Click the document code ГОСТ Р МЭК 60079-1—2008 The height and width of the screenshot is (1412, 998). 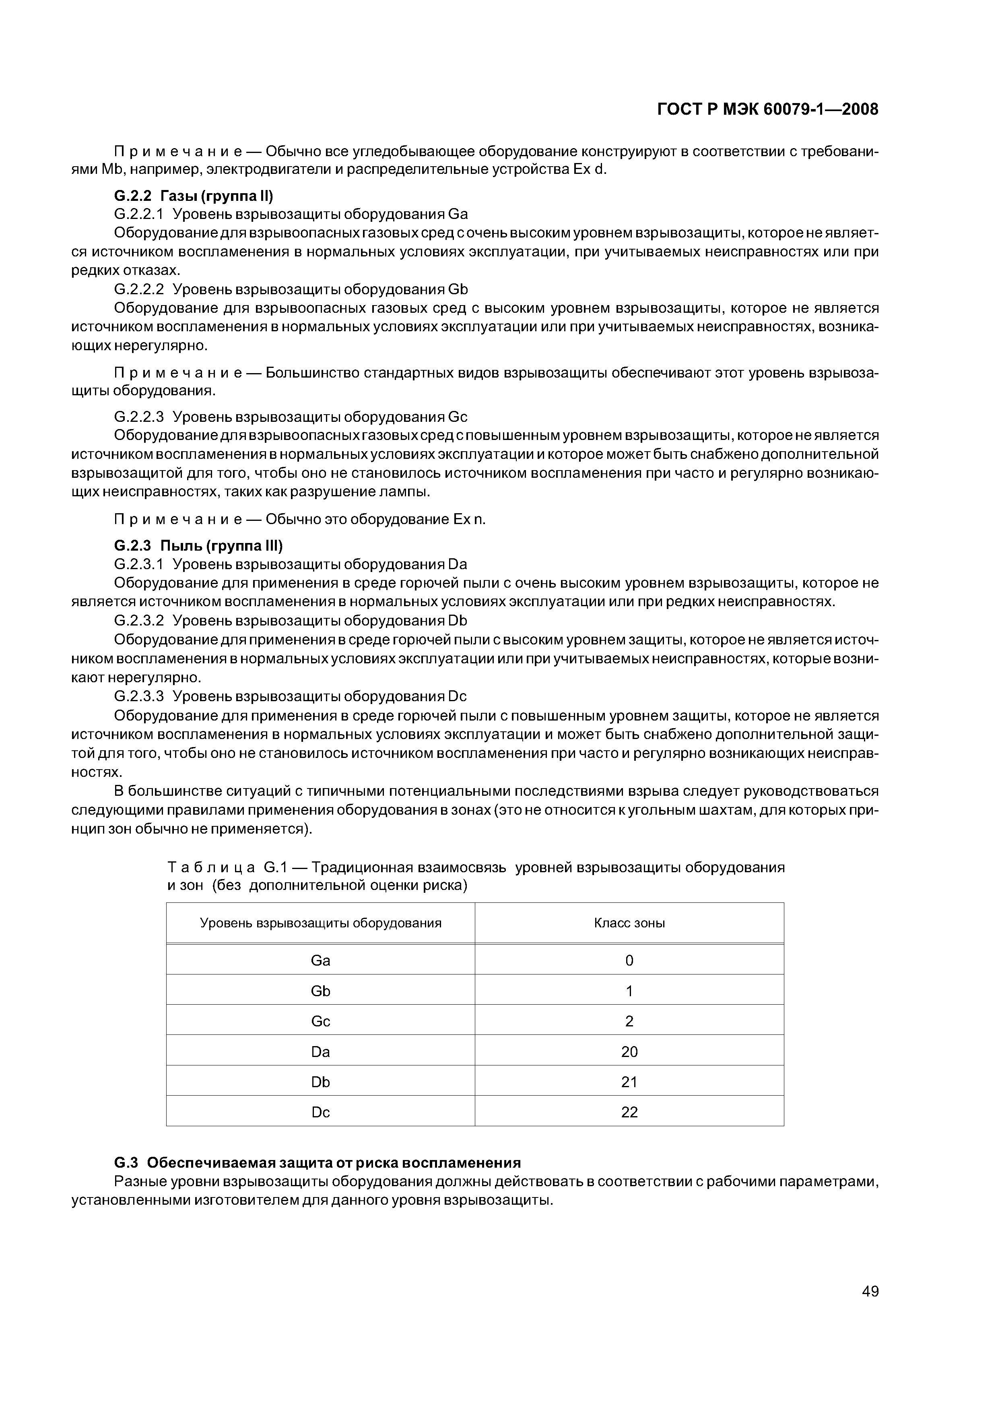(767, 109)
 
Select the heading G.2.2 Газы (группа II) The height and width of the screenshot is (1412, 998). (193, 196)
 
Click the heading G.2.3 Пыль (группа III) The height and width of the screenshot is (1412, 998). (198, 545)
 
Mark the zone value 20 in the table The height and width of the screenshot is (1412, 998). (629, 1052)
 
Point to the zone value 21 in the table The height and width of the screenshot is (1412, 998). (629, 1082)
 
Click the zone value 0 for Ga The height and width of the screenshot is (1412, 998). (629, 961)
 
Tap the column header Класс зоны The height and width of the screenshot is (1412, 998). (629, 923)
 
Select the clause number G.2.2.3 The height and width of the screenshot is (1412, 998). (139, 417)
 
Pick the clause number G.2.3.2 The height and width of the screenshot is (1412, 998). (139, 621)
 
